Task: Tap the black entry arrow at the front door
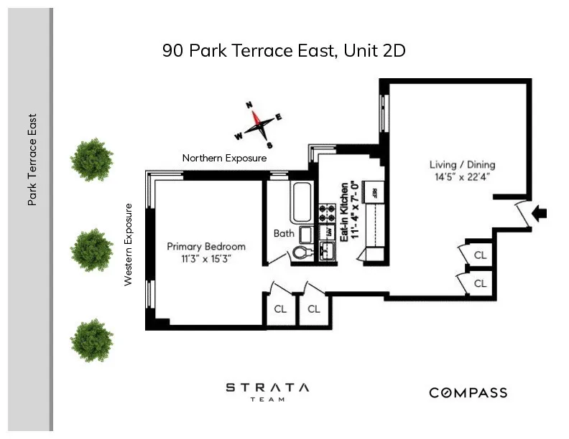540,212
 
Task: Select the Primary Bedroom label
206,246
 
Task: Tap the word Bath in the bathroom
284,233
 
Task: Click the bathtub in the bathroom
302,202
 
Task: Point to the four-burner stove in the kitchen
327,213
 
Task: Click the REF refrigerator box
373,192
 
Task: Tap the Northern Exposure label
224,158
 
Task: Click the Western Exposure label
129,245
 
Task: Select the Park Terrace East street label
32,160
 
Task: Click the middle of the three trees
91,250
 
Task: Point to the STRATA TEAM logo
267,392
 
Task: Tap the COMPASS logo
468,392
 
